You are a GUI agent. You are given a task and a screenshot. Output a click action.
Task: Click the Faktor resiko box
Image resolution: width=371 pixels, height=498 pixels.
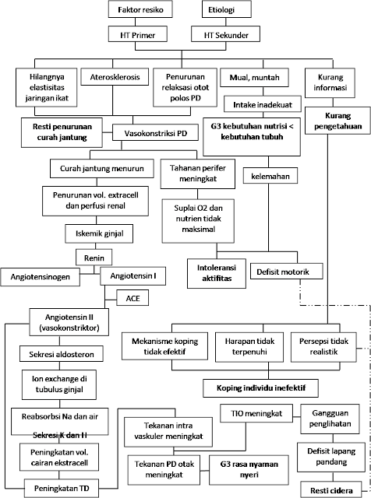point(140,9)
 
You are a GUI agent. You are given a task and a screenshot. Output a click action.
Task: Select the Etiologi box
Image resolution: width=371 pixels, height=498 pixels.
point(227,9)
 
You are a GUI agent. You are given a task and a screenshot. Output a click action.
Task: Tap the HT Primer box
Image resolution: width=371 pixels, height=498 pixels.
point(137,34)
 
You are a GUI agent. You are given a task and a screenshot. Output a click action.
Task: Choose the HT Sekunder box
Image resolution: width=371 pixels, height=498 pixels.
point(225,34)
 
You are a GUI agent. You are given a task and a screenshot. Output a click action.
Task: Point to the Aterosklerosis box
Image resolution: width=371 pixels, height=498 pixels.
point(115,76)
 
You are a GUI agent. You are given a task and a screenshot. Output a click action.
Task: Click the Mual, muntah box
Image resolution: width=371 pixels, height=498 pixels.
point(255,77)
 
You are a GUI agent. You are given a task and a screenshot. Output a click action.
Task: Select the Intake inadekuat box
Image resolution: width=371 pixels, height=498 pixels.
point(263,104)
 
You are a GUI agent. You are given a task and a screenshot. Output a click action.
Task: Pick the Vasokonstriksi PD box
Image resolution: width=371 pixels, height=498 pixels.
point(155,133)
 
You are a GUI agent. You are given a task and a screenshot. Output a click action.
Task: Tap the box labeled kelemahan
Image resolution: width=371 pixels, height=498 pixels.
point(270,176)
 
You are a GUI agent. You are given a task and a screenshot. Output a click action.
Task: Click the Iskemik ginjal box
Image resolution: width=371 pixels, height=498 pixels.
point(99,234)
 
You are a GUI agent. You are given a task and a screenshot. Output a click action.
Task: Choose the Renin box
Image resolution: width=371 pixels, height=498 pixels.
point(94,258)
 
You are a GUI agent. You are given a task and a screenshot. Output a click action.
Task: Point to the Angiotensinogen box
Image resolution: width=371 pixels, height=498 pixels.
point(40,277)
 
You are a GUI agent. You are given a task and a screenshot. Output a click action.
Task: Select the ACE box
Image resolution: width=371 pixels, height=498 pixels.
point(132,298)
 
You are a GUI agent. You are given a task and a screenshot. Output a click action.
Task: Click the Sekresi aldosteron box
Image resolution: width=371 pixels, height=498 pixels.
point(62,354)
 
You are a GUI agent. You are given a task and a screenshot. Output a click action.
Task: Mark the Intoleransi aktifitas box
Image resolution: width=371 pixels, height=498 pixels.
point(217,273)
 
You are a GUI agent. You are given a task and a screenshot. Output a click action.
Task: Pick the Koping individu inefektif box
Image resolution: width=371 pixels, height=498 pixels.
point(261,388)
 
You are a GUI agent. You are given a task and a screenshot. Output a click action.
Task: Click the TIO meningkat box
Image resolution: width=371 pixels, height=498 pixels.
point(256,413)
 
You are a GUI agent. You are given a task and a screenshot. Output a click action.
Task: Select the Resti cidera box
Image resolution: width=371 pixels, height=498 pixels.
point(331,490)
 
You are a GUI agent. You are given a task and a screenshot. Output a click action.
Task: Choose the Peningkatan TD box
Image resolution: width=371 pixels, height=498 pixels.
point(62,489)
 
